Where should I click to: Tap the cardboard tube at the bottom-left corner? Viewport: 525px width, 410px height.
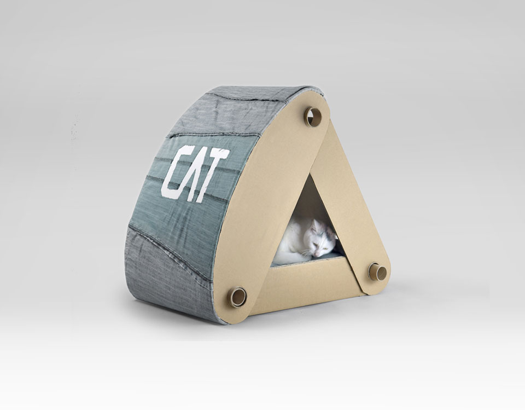pyautogui.click(x=237, y=296)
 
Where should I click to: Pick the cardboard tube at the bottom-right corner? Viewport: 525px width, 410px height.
pyautogui.click(x=378, y=271)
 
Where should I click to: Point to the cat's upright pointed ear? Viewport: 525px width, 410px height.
pyautogui.click(x=315, y=226)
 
